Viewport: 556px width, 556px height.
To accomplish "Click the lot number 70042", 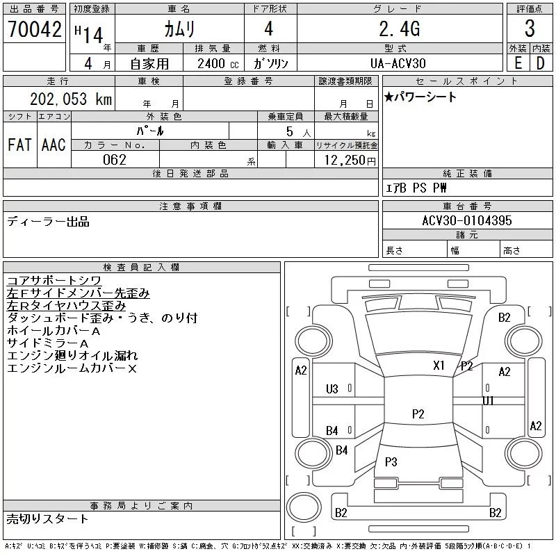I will click(35, 28).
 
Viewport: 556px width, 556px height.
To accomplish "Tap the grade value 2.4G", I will click(398, 28).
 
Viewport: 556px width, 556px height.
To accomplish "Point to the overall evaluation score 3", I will click(530, 28).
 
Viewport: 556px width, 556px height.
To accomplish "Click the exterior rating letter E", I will click(518, 63).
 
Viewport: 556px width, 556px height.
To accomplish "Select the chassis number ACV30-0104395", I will click(467, 220).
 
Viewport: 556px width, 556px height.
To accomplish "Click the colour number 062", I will click(115, 160).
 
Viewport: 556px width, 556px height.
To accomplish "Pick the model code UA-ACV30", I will click(398, 63).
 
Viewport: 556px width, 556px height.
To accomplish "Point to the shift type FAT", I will click(19, 145).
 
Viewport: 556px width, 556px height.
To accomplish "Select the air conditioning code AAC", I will click(54, 145).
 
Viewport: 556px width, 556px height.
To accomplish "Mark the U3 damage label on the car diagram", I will click(332, 389).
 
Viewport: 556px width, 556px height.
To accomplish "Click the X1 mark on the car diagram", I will click(439, 365).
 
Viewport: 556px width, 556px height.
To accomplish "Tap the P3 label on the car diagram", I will click(391, 461).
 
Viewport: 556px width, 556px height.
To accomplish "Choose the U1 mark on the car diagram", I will click(489, 400).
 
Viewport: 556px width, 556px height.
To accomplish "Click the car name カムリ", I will click(179, 28).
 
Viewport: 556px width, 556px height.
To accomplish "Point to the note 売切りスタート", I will click(48, 518).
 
